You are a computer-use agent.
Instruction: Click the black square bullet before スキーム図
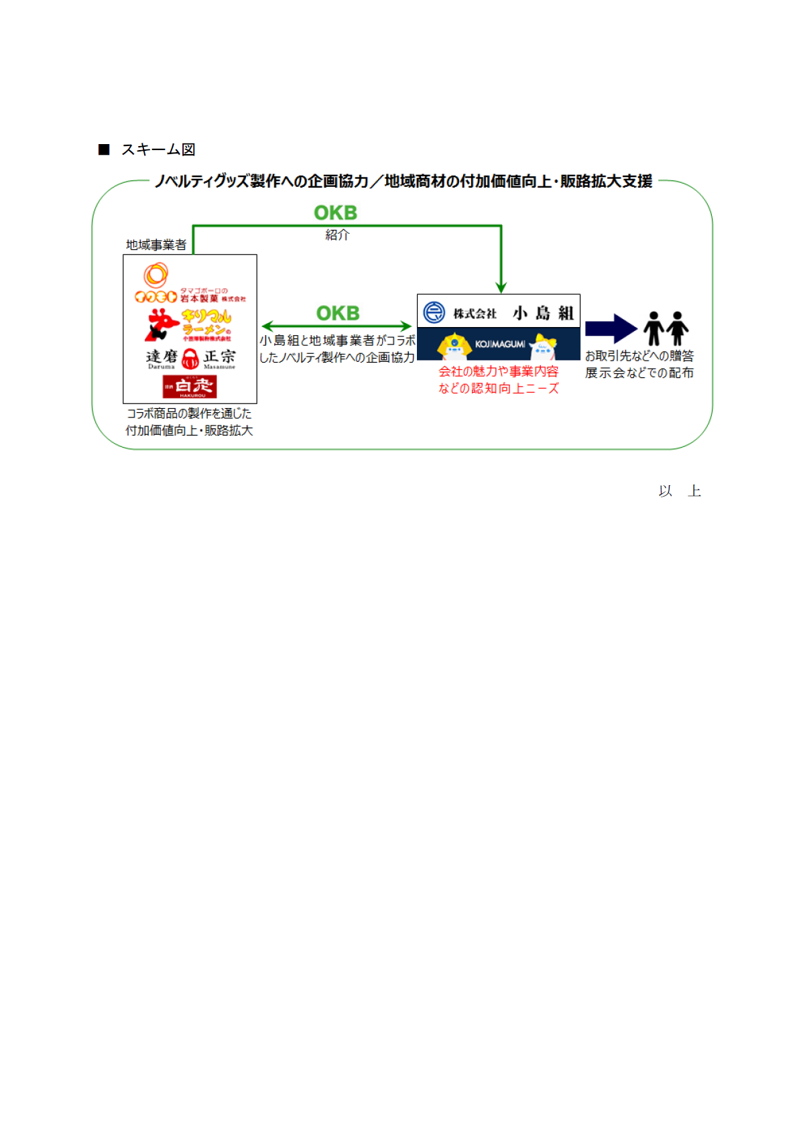[x=104, y=149]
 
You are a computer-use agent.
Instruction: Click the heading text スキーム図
[x=158, y=149]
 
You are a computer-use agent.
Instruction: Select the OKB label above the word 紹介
[x=335, y=212]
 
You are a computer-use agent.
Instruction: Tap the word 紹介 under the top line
[x=337, y=235]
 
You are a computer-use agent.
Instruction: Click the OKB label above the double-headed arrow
[x=338, y=313]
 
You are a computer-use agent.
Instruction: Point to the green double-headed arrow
[x=336, y=326]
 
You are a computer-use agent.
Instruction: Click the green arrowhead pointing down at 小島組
[x=501, y=288]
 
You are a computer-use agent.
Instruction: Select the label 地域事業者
[x=156, y=245]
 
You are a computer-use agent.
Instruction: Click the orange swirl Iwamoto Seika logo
[x=155, y=275]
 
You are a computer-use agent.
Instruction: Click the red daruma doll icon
[x=190, y=359]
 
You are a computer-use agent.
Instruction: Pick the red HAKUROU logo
[x=190, y=387]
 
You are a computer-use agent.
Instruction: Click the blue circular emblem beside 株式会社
[x=434, y=312]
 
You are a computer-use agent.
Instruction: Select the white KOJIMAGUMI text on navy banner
[x=500, y=344]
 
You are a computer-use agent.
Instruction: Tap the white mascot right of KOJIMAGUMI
[x=543, y=346]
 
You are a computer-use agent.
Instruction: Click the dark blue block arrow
[x=611, y=328]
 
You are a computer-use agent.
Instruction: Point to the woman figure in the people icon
[x=678, y=328]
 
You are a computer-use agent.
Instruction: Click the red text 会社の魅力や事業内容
[x=498, y=371]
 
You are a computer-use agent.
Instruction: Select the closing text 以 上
[x=680, y=491]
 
